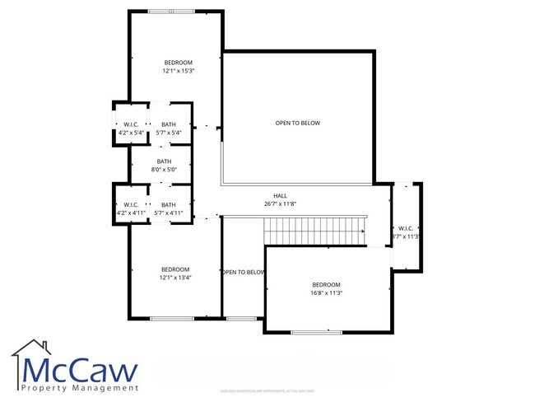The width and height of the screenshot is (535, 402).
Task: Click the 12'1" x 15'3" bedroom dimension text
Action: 178,71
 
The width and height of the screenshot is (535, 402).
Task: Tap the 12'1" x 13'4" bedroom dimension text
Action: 175,278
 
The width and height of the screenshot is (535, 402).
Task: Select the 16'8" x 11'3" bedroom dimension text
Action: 326,292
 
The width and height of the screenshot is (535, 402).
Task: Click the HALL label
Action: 280,195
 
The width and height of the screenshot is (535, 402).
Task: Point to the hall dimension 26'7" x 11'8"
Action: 280,203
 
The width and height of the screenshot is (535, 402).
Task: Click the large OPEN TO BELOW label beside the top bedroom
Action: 297,123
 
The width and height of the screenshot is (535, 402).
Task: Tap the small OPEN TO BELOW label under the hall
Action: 243,272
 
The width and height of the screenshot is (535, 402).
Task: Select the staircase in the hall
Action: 314,231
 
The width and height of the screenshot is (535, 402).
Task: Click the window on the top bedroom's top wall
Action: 172,12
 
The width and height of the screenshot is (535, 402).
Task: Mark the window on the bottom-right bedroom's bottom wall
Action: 316,332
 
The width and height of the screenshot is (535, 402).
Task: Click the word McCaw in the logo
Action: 80,371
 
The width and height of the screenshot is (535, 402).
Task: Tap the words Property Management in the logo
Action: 80,388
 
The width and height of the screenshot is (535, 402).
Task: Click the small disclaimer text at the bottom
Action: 267,390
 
